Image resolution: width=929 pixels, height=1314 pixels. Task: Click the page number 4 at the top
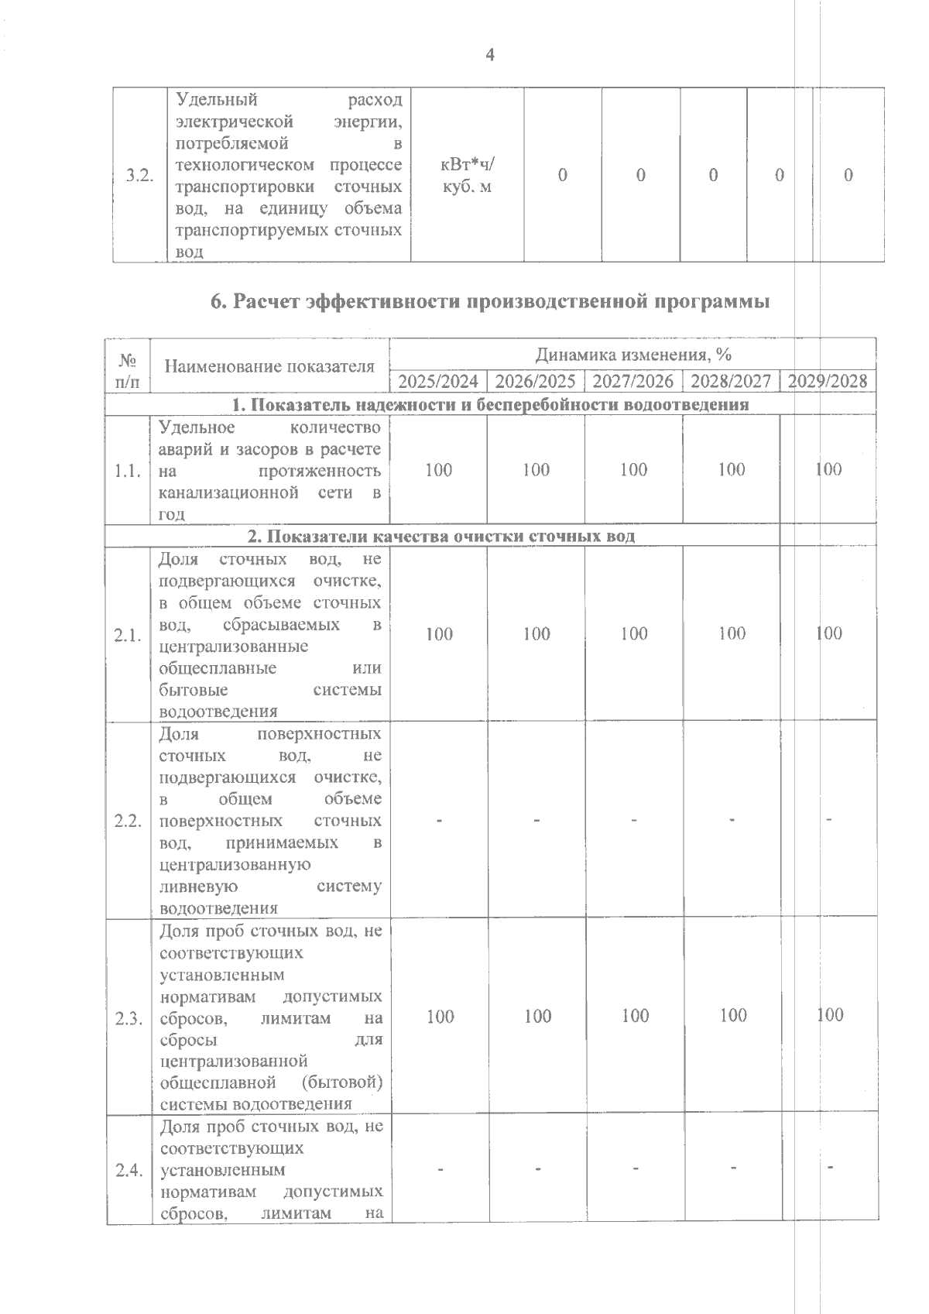(489, 54)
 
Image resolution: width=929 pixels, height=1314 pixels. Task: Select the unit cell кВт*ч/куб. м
(467, 176)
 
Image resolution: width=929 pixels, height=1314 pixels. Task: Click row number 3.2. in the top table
(139, 176)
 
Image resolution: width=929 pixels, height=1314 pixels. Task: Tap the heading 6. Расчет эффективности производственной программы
(490, 302)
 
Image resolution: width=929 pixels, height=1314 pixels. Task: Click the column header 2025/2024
(438, 381)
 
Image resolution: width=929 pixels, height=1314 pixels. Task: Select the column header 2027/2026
(633, 381)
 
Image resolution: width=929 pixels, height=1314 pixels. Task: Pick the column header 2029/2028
(828, 381)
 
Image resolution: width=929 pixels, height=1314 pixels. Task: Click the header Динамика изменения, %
(633, 355)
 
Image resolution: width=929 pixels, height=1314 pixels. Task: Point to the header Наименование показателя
(269, 366)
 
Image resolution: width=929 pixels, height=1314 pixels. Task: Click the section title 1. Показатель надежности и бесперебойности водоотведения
(490, 404)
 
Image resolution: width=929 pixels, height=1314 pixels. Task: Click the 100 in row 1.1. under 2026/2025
(536, 469)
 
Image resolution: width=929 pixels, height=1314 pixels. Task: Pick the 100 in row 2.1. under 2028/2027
(732, 633)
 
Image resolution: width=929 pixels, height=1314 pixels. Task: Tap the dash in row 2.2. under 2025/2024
(439, 820)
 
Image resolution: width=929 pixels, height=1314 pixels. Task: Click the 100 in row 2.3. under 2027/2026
(635, 1015)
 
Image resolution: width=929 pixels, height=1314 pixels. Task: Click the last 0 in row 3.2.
(848, 176)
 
